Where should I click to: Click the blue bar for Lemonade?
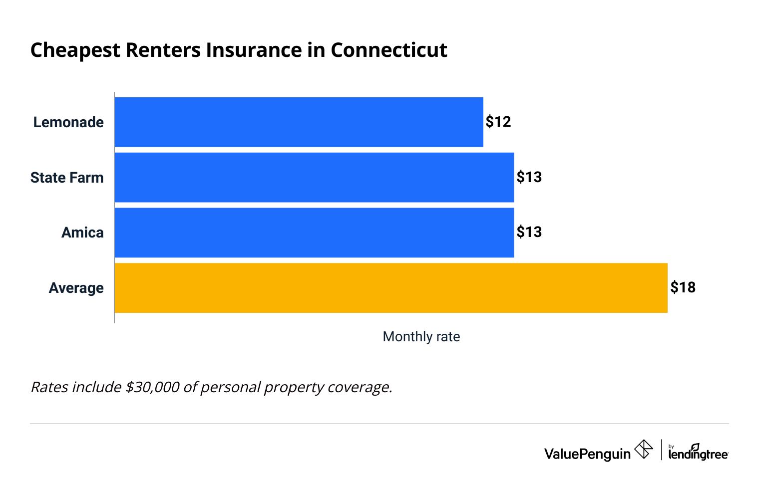pyautogui.click(x=299, y=122)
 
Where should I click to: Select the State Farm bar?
pyautogui.click(x=314, y=177)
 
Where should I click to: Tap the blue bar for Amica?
pyautogui.click(x=314, y=233)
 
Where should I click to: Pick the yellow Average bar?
pyautogui.click(x=391, y=288)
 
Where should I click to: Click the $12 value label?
pyautogui.click(x=498, y=122)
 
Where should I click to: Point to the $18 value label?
pyautogui.click(x=683, y=287)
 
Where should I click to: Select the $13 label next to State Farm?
pyautogui.click(x=529, y=177)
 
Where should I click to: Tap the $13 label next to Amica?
pyautogui.click(x=529, y=232)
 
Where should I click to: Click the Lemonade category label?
pyautogui.click(x=68, y=122)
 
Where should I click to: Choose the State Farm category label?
pyautogui.click(x=67, y=178)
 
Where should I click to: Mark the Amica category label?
pyautogui.click(x=82, y=233)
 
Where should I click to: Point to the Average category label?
pyautogui.click(x=76, y=288)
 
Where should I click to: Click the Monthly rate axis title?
pyautogui.click(x=421, y=337)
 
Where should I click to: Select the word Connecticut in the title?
pyautogui.click(x=388, y=50)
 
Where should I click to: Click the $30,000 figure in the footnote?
pyautogui.click(x=152, y=387)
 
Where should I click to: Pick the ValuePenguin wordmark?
pyautogui.click(x=587, y=454)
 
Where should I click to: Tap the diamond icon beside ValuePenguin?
pyautogui.click(x=643, y=449)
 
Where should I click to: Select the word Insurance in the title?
pyautogui.click(x=254, y=50)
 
